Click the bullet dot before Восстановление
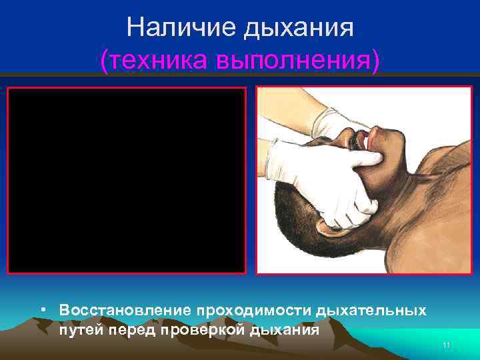42,311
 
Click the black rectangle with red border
127,180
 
